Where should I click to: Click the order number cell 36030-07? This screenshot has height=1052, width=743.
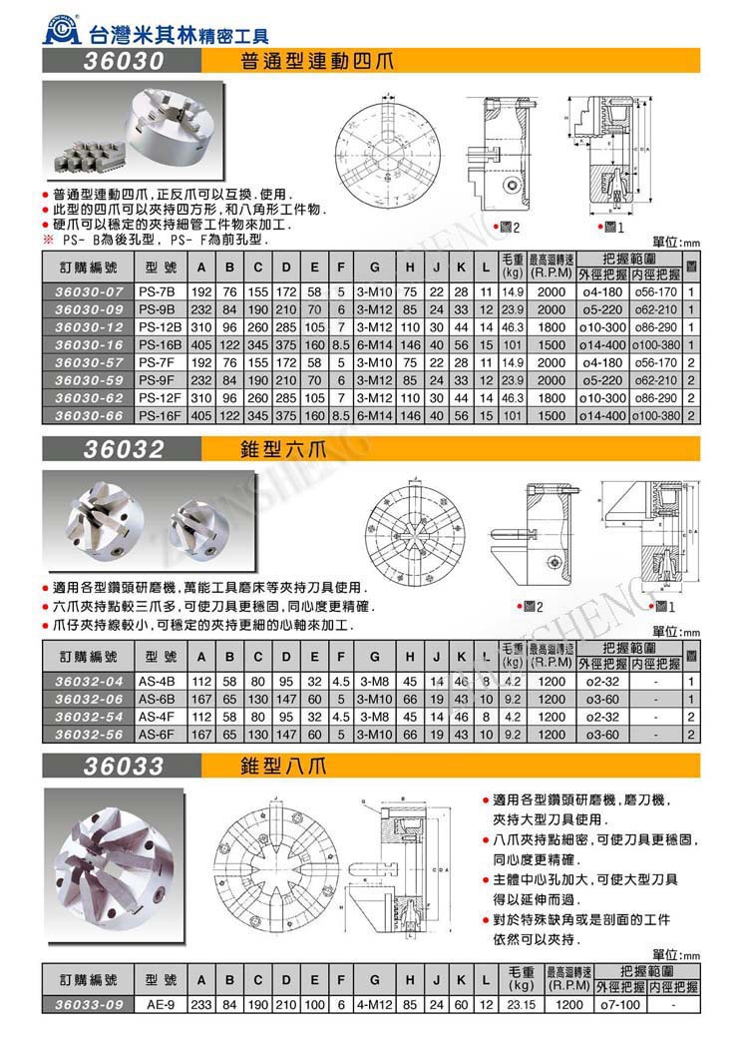(90, 291)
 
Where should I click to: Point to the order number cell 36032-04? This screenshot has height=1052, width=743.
(90, 682)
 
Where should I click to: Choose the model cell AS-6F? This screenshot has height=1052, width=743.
(157, 734)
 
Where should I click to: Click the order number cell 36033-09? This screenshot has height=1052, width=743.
(90, 1004)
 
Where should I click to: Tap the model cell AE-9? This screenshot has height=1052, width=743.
(160, 1004)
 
